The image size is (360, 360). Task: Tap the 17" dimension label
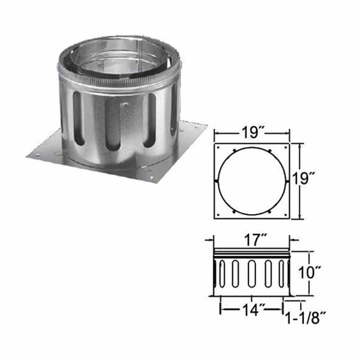251,238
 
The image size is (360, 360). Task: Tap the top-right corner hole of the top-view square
286,147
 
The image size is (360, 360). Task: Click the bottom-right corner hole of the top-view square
286,215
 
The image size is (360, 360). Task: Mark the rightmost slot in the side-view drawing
282,275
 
